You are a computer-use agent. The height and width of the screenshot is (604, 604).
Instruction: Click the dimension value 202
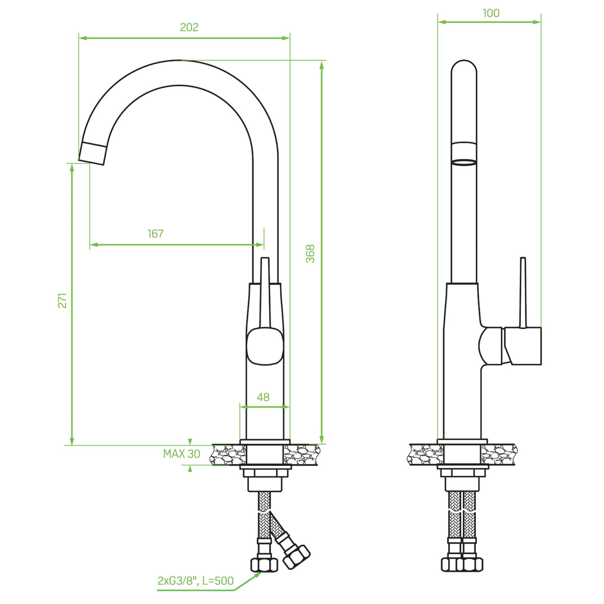tap(189, 28)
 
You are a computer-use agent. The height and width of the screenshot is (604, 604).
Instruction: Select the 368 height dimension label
tap(310, 254)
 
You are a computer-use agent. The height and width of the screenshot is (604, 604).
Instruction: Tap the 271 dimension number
tap(63, 301)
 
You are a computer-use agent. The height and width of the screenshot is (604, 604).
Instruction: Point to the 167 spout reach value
tap(156, 233)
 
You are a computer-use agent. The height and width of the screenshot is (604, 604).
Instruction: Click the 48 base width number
tap(263, 397)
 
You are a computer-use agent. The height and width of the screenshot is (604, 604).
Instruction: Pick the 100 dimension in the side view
tap(491, 13)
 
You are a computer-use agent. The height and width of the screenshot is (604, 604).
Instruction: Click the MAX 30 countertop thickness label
tap(182, 454)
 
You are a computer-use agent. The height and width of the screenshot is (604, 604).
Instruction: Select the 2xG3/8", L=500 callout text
tap(195, 572)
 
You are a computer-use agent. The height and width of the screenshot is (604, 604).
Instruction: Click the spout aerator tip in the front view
tap(92, 153)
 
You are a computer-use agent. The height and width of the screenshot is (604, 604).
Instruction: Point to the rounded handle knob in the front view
tap(265, 346)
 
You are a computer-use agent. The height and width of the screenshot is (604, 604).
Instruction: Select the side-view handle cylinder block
tap(522, 346)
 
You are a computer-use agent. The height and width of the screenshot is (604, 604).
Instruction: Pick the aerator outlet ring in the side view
tap(464, 163)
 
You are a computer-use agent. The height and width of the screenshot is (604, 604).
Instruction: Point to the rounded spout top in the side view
tap(464, 67)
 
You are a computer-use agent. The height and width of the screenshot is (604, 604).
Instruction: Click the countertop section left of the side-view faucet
tap(425, 454)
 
